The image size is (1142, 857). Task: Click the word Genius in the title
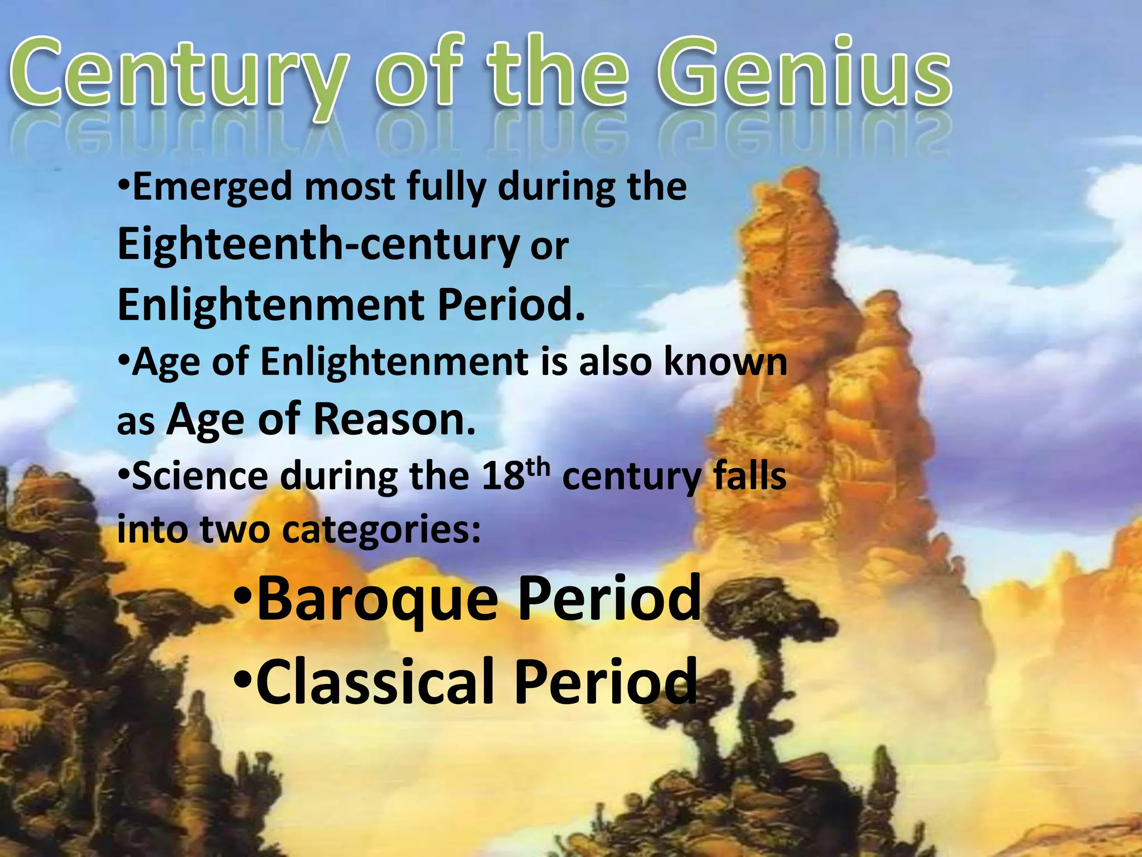[803, 73]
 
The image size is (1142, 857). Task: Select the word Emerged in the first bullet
[212, 187]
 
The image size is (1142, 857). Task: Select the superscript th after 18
[538, 468]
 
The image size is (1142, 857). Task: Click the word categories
[382, 529]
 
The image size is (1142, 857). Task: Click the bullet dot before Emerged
[124, 184]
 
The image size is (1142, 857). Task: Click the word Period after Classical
[606, 681]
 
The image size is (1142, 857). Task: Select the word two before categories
[234, 529]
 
